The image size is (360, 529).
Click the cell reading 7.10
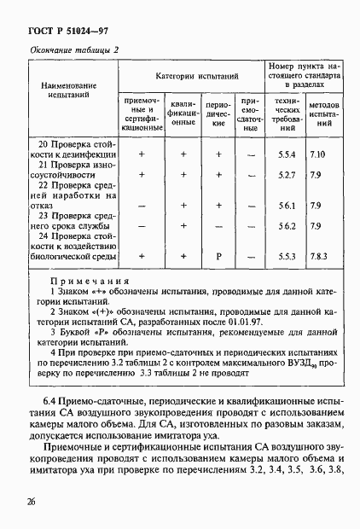(x=318, y=154)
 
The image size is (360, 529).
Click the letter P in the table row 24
(x=218, y=255)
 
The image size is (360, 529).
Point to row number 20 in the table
(x=45, y=143)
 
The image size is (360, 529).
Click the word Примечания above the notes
(x=89, y=281)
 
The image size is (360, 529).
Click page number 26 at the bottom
(x=31, y=502)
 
